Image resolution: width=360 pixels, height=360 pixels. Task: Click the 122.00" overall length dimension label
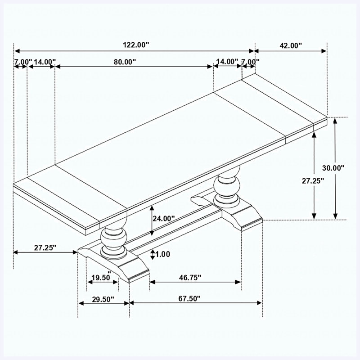point(136,45)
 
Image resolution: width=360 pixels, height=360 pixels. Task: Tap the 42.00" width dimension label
point(290,45)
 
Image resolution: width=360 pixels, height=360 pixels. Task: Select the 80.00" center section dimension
point(125,62)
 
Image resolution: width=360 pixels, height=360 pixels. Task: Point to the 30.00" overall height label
point(333,168)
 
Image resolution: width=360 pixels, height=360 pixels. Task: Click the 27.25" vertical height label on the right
point(313,181)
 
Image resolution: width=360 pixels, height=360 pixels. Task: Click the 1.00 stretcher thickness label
point(163,254)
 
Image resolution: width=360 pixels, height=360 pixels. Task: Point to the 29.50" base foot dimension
point(103,299)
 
